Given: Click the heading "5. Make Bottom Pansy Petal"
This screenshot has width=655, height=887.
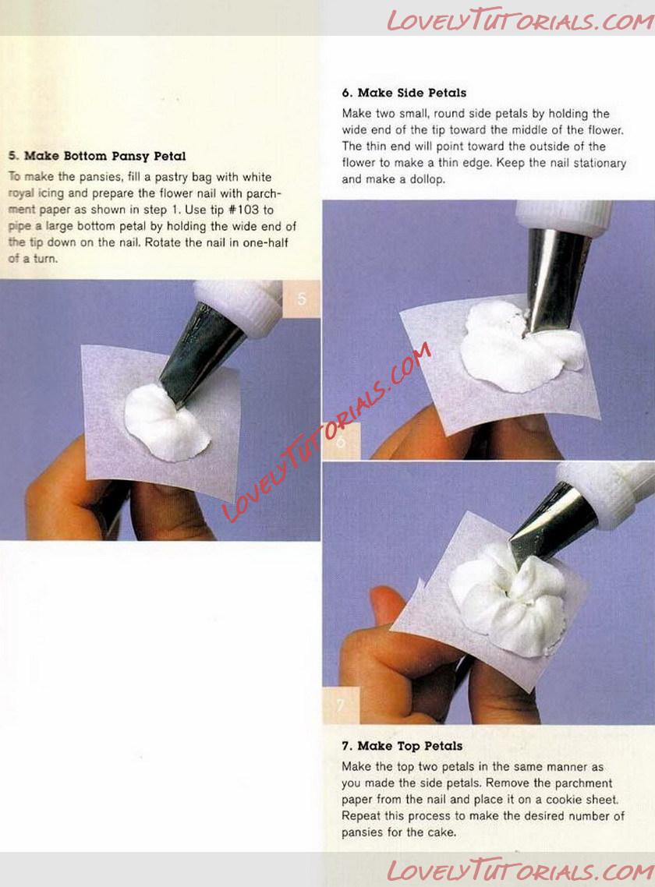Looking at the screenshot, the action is (x=97, y=156).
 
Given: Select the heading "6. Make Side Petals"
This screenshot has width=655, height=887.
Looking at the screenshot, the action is (x=404, y=93).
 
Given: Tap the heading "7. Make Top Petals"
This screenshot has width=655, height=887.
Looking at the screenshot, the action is (x=402, y=746).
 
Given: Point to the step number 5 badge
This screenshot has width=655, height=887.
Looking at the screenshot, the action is (x=301, y=299).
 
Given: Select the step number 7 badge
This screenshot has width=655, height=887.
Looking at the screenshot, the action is (x=341, y=705).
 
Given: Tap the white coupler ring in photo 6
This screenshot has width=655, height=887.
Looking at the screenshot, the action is (x=563, y=215).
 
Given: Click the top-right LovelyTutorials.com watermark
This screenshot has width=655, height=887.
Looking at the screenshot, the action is (x=519, y=20).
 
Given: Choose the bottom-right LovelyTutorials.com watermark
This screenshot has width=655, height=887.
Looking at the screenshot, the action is (x=519, y=871).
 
